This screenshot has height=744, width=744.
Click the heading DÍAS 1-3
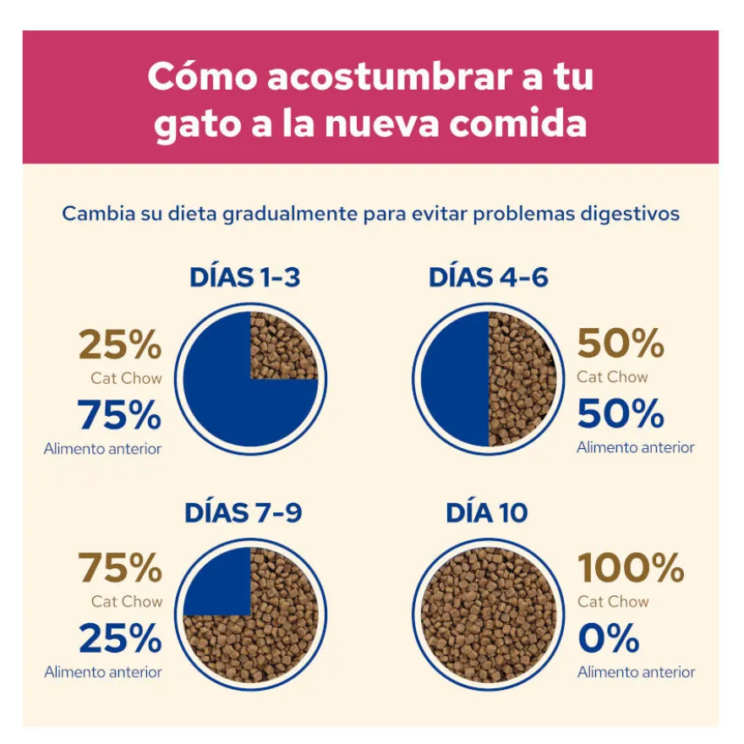click(x=245, y=277)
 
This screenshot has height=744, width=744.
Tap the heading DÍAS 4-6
click(x=489, y=277)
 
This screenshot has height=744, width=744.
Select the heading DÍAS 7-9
click(x=243, y=512)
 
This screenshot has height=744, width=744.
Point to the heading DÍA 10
click(x=487, y=512)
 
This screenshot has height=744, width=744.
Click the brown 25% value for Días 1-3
click(x=120, y=344)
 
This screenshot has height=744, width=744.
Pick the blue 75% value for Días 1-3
click(x=119, y=414)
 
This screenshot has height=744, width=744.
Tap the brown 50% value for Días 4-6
click(x=621, y=343)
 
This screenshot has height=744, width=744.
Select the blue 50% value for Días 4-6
click(x=621, y=413)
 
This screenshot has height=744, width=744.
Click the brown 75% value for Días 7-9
click(x=121, y=567)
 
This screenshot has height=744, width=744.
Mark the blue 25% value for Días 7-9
click(x=121, y=637)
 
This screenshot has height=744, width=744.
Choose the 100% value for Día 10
click(x=631, y=567)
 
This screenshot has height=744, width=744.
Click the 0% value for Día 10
click(x=609, y=637)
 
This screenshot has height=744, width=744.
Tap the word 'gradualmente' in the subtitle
click(x=290, y=214)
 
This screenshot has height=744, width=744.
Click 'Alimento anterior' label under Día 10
click(x=636, y=672)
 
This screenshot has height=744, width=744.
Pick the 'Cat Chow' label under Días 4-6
click(x=613, y=377)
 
